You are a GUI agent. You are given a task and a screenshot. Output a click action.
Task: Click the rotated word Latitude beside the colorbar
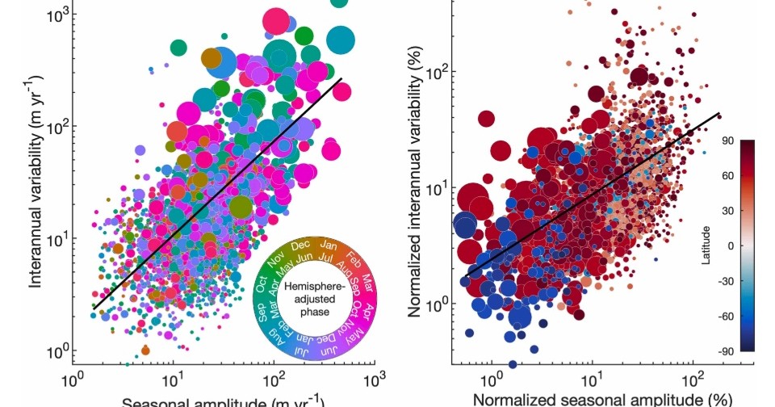(706, 245)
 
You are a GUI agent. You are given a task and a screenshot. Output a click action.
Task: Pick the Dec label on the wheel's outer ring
(300, 244)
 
